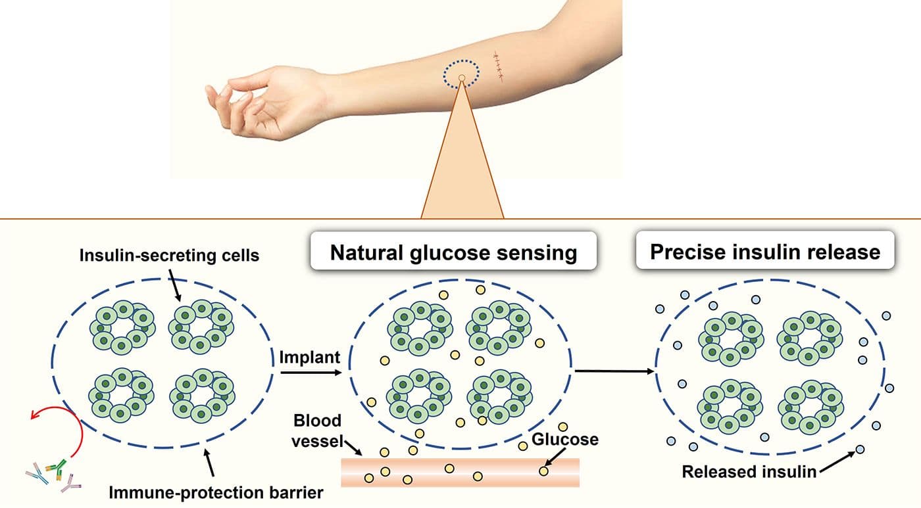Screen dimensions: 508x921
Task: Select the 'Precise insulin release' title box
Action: [765, 252]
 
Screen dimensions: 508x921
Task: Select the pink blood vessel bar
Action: [460, 472]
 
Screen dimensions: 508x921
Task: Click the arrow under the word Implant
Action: [311, 373]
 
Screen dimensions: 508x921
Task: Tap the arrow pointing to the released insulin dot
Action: [838, 461]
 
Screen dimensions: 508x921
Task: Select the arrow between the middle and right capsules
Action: [615, 371]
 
